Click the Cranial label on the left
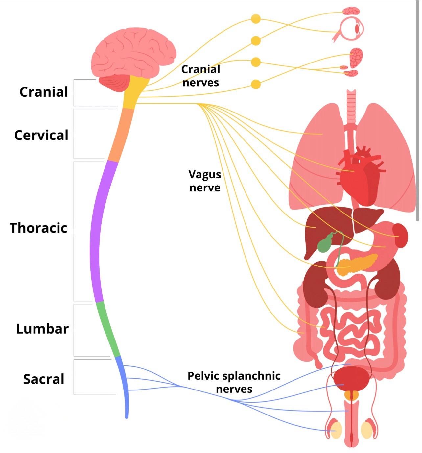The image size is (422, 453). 44,92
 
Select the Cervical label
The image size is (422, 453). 41,135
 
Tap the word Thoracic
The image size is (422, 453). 38,228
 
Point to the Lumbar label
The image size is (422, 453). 42,329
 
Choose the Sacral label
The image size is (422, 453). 44,379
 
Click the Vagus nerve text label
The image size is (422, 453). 205,181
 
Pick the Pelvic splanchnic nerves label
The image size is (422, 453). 234,382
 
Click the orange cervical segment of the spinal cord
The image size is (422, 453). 122,135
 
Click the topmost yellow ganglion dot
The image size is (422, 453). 256,19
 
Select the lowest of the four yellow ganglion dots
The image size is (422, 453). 256,84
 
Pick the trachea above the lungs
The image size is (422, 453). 351,105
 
